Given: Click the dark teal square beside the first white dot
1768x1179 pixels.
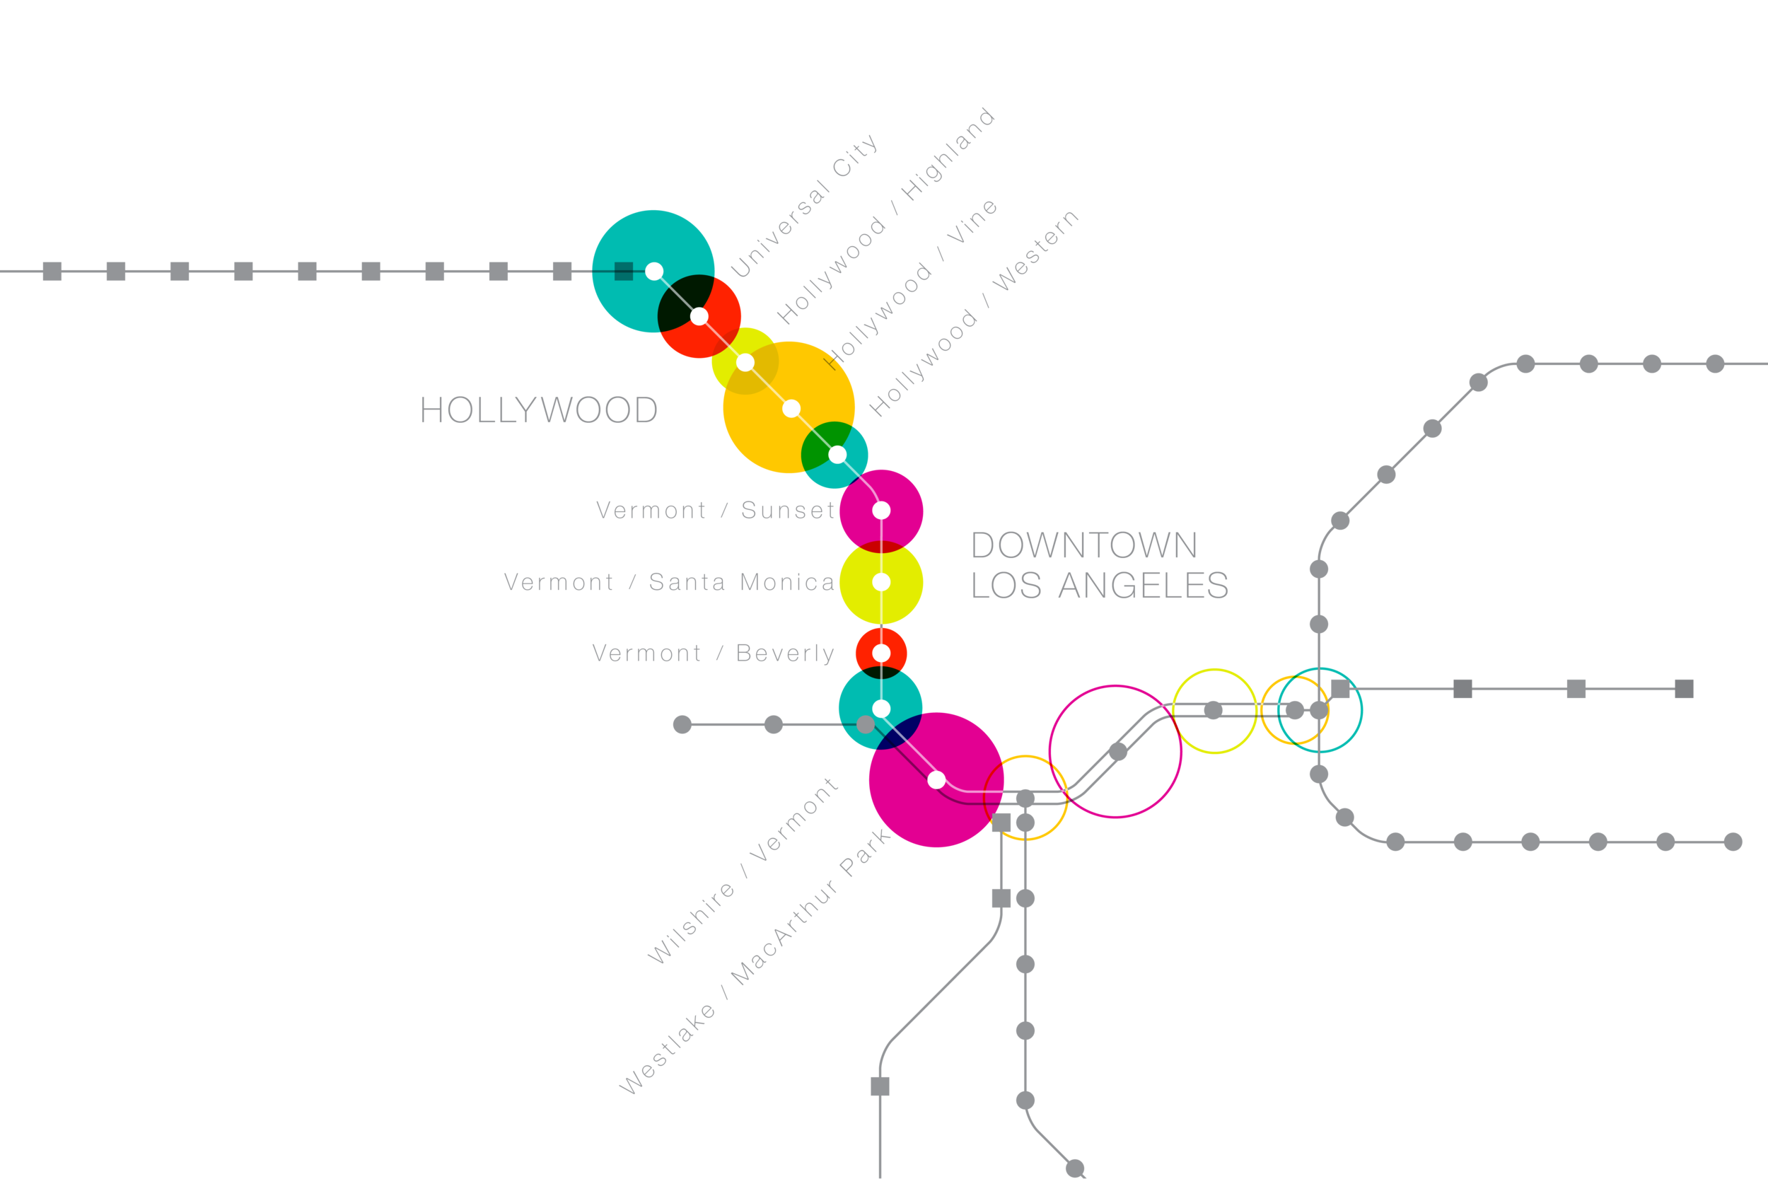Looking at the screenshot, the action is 623,271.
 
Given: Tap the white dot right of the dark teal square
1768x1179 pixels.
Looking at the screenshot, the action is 654,271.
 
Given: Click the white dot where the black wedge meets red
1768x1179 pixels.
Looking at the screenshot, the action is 699,317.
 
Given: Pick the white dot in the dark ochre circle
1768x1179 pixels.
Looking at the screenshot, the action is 745,362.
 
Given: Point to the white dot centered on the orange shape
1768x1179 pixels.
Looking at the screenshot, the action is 791,408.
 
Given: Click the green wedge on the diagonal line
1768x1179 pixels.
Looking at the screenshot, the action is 823,443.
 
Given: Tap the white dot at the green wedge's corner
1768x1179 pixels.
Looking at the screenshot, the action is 837,455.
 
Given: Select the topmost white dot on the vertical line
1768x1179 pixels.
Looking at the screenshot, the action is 881,511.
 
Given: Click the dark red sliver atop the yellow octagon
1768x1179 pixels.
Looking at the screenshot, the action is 881,547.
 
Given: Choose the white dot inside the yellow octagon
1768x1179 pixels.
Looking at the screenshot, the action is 881,582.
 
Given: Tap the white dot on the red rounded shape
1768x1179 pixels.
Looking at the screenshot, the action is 881,653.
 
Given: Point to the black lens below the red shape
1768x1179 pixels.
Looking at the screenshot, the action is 880,672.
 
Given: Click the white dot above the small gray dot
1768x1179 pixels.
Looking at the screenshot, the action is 881,708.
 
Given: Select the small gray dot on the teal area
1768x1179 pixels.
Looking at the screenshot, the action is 865,724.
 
